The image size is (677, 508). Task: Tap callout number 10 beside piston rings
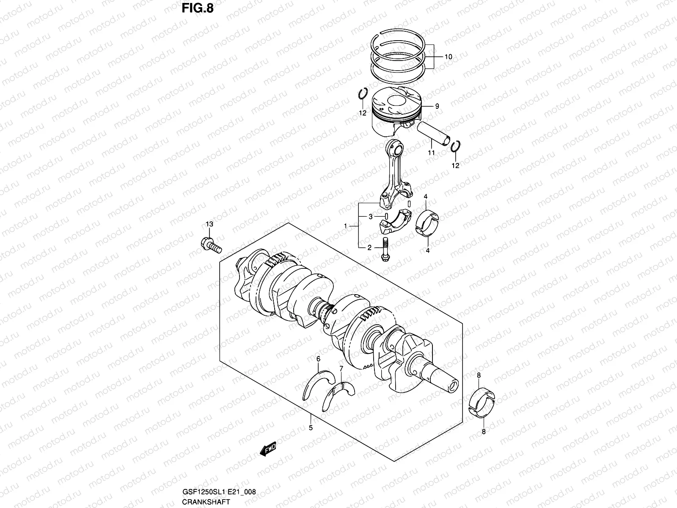(x=448, y=57)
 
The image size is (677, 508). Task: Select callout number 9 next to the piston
(x=437, y=107)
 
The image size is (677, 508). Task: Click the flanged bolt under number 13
(x=210, y=245)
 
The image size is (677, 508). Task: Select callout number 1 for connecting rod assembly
(x=345, y=226)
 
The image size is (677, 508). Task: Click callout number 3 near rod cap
(x=370, y=217)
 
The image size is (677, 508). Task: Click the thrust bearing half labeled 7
(x=338, y=394)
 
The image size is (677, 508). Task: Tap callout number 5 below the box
(x=311, y=428)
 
